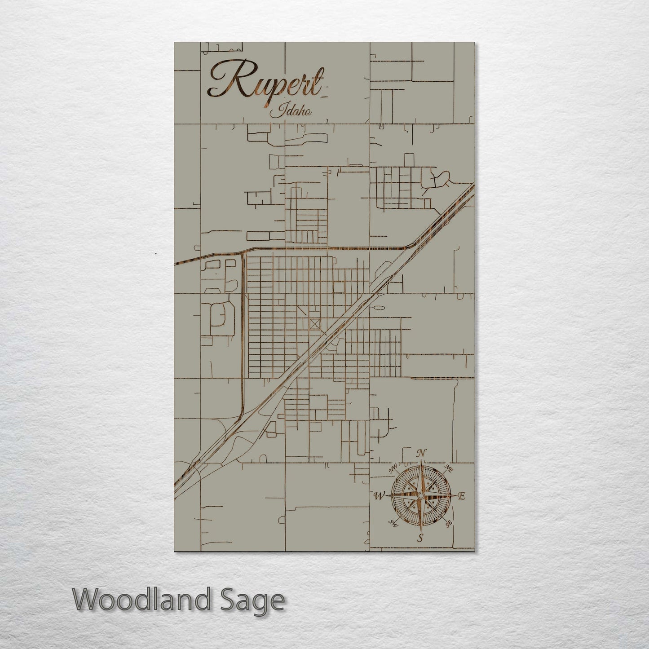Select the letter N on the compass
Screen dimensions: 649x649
[421, 453]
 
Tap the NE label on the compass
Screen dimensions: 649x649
[448, 468]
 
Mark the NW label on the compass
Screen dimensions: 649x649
[393, 468]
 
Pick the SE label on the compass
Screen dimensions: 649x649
[448, 524]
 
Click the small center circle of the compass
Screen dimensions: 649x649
[420, 495]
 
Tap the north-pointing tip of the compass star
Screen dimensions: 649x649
[420, 463]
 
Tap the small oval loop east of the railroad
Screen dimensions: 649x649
[376, 308]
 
